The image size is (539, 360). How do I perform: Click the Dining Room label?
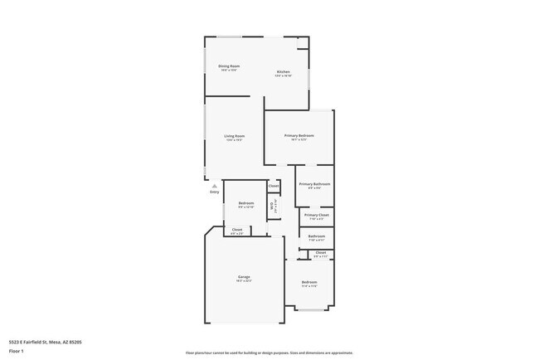pos(229,66)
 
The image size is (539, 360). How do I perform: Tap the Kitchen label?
pos(284,71)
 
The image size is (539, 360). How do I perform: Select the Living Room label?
pos(234,136)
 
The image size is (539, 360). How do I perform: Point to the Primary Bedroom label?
pos(299,135)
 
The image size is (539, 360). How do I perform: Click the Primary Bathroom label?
pos(314,183)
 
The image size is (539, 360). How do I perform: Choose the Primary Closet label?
pos(316,215)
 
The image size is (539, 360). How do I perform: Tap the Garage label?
pos(244,276)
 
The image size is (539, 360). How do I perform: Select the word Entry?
pos(214,192)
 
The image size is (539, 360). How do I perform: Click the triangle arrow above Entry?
pos(214,186)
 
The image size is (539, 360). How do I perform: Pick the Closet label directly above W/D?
pos(274,186)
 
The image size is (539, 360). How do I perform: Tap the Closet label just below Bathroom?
pos(320,253)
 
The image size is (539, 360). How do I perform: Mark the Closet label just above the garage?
pos(237,229)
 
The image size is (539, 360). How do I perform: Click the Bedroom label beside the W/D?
pos(246,202)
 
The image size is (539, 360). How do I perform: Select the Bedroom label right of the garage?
pos(309,282)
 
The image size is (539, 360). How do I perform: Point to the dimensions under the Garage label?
pos(244,281)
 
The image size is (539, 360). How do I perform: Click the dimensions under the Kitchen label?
pos(284,76)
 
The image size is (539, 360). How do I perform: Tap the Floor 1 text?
pos(17,350)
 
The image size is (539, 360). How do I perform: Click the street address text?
pos(45,341)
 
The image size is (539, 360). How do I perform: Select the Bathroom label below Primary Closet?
pos(316,236)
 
